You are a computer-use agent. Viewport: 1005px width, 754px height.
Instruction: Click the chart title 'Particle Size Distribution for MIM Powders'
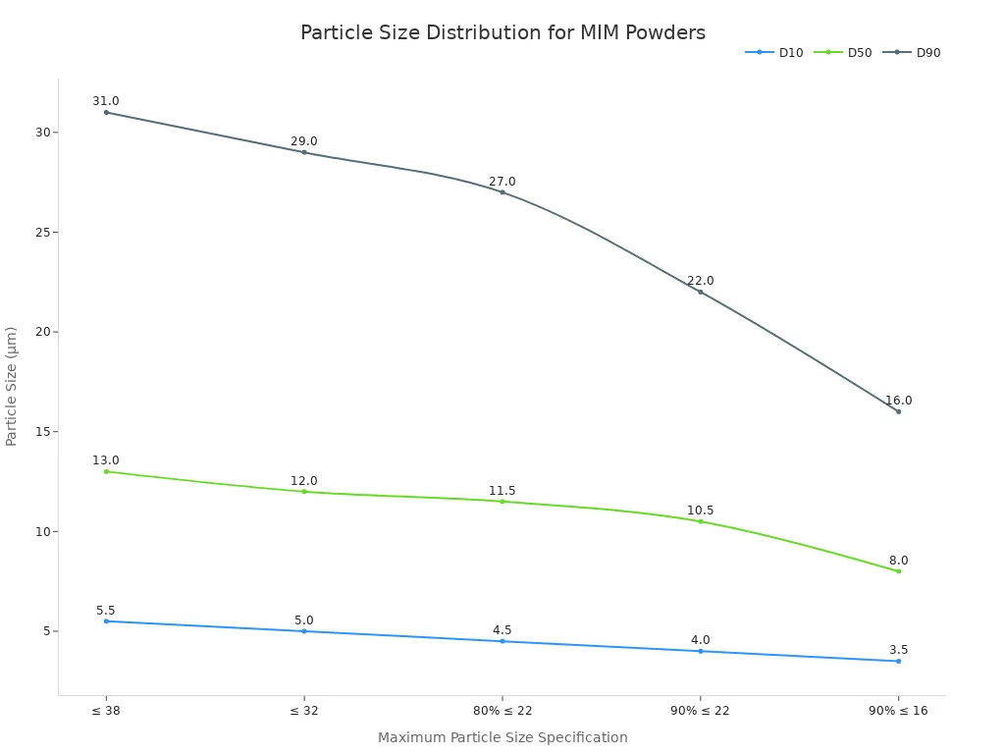click(502, 33)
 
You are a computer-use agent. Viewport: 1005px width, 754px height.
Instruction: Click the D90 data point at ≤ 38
click(106, 112)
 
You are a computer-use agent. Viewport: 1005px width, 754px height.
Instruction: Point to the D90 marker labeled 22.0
click(700, 292)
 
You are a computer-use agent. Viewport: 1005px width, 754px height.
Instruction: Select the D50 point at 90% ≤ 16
click(898, 571)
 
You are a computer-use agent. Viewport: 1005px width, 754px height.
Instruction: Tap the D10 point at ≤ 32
click(304, 631)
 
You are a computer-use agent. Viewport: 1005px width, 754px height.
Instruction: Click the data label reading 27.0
click(502, 182)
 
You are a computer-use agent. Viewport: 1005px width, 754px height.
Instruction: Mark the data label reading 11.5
click(502, 491)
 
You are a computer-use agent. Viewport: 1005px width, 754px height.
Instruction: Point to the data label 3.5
click(898, 650)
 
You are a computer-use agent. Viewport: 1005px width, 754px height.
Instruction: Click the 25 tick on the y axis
click(41, 233)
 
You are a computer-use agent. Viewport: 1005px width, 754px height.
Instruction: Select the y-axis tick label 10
click(41, 531)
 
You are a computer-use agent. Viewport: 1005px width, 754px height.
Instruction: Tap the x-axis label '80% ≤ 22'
click(502, 711)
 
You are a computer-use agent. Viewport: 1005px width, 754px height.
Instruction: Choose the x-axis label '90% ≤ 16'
click(898, 711)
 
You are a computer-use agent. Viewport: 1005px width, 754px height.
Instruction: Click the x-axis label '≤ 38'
click(106, 711)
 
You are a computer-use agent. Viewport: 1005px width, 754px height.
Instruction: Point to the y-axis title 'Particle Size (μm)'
click(12, 386)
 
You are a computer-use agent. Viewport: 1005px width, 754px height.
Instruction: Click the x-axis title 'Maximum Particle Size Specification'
click(502, 737)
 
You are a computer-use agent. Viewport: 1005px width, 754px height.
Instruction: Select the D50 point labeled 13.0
click(106, 471)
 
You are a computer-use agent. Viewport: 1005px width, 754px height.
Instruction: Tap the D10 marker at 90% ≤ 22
click(700, 651)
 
